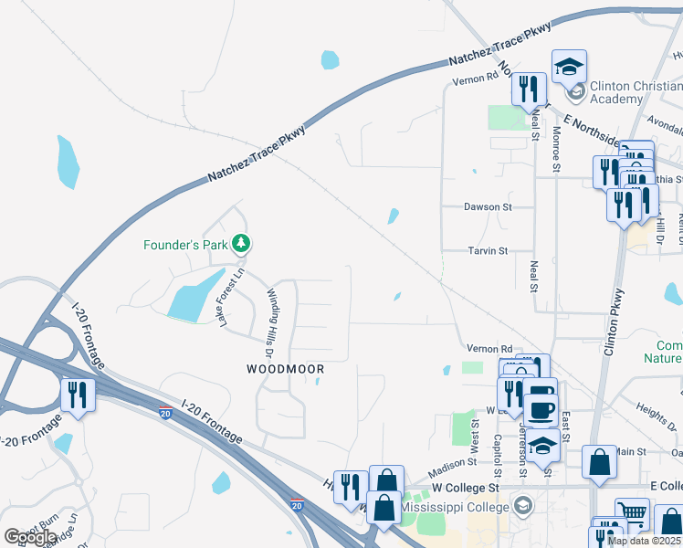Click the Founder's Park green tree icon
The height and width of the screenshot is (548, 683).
(241, 244)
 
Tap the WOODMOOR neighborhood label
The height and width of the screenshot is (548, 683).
(286, 369)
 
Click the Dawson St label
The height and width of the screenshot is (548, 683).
(487, 207)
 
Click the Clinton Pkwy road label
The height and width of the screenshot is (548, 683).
(618, 321)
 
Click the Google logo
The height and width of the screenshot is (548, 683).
(30, 537)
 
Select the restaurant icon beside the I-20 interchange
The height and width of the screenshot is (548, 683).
(77, 395)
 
